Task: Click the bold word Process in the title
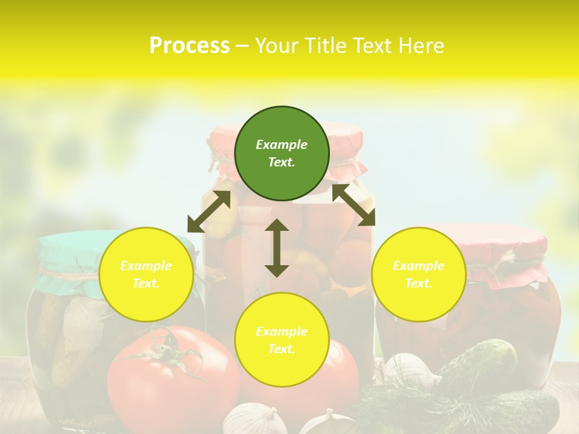(189, 46)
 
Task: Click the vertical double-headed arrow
(277, 248)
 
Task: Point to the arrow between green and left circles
(209, 212)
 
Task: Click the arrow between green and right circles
(353, 205)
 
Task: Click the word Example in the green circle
(282, 145)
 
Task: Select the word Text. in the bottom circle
(282, 349)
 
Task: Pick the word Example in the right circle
(419, 266)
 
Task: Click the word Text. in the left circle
(146, 283)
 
